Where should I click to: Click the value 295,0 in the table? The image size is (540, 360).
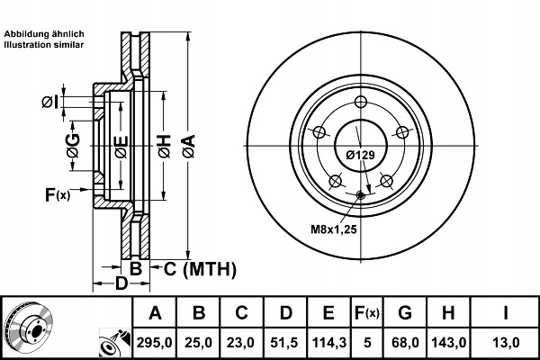click(x=154, y=342)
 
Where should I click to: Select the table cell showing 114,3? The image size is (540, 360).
click(x=328, y=342)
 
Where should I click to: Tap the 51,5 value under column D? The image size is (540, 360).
click(x=285, y=342)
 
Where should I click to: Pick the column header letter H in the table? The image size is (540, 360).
click(x=448, y=313)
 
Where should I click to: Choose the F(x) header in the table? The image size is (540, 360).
click(x=367, y=313)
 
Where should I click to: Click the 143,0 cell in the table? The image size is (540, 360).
click(x=449, y=342)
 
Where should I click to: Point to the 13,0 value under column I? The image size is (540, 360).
click(x=505, y=342)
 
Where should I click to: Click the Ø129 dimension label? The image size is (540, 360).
click(x=361, y=155)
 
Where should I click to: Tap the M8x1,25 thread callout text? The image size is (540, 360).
click(x=333, y=229)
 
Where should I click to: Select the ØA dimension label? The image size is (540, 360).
click(x=189, y=147)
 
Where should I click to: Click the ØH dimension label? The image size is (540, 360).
click(x=165, y=147)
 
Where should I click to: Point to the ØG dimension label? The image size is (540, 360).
click(x=74, y=146)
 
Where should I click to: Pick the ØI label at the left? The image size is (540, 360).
click(x=49, y=102)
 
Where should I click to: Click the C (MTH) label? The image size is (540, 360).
click(x=200, y=269)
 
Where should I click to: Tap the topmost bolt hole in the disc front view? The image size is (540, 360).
click(x=361, y=102)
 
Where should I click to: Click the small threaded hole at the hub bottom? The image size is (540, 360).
click(x=361, y=195)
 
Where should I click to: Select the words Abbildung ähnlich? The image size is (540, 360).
click(x=44, y=34)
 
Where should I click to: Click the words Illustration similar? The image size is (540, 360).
click(x=44, y=45)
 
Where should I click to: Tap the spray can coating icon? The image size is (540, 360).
click(x=114, y=342)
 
